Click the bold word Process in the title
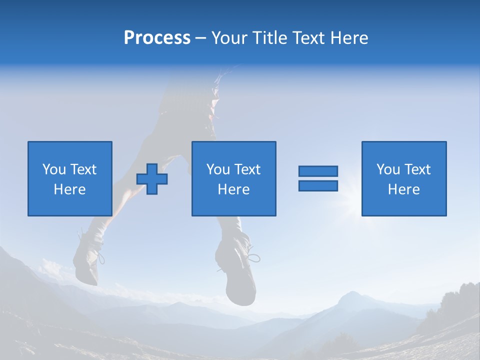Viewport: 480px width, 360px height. pos(157,38)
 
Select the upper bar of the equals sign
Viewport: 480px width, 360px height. pos(318,171)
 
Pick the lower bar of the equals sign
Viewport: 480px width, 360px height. pos(318,185)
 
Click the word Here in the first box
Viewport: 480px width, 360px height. pos(69,189)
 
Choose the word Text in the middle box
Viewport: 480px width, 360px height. pos(247,169)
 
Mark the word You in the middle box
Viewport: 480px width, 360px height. pos(217,169)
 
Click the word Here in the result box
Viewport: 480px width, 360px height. pos(403,189)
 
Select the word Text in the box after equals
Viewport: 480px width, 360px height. pos(417,169)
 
